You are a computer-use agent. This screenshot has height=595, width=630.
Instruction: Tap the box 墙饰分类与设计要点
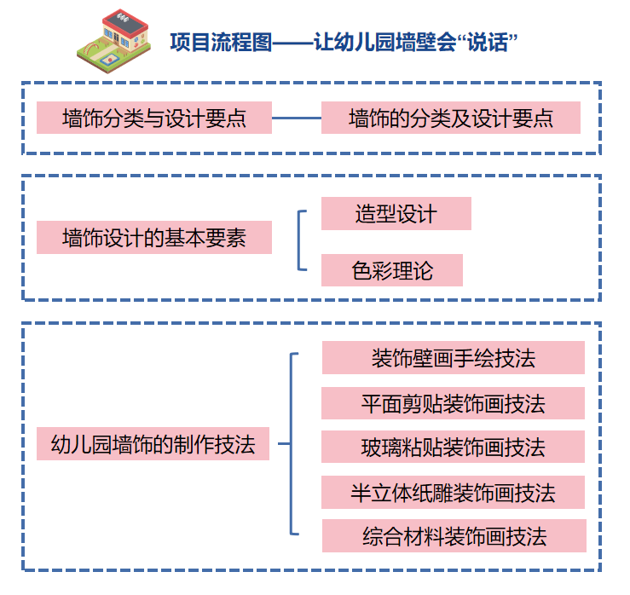154,118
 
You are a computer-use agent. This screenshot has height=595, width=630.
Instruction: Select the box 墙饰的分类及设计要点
450,118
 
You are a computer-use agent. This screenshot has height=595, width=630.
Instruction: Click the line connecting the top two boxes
296,118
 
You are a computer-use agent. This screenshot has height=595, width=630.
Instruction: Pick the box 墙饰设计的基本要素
154,238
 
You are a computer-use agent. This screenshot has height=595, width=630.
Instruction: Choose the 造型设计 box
396,214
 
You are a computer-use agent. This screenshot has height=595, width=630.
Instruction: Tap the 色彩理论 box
392,270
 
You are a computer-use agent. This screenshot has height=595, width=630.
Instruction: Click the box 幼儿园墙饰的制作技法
153,444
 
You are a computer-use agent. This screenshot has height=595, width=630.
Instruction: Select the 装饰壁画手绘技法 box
453,358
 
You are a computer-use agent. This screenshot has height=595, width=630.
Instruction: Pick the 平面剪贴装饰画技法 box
453,403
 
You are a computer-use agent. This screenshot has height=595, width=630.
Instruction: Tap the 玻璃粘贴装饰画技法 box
453,447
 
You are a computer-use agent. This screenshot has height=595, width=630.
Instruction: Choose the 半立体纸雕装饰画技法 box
453,492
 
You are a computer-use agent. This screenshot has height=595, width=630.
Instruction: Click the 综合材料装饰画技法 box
454,536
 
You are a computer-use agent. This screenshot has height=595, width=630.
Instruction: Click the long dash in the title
293,42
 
